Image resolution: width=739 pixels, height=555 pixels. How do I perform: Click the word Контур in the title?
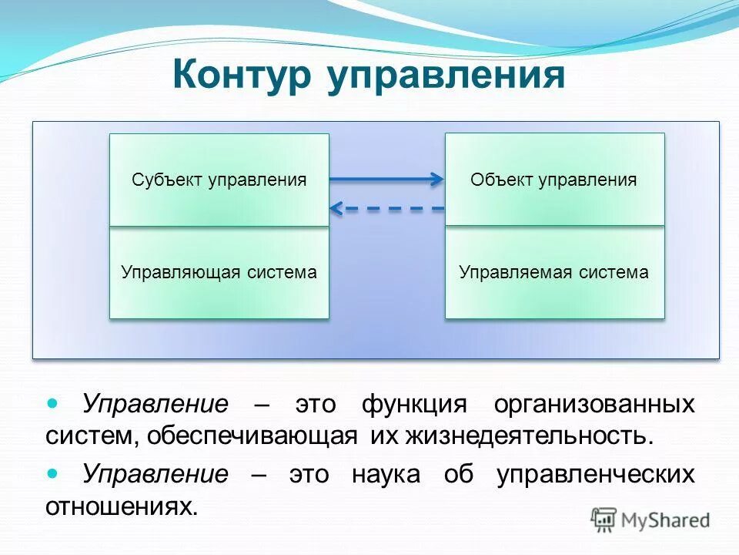click(242, 77)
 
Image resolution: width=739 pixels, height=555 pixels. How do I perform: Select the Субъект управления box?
click(219, 180)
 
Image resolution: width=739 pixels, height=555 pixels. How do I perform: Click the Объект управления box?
click(554, 180)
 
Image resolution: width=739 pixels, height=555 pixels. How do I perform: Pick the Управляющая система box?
click(219, 272)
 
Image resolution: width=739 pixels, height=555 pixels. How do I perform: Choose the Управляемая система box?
click(554, 272)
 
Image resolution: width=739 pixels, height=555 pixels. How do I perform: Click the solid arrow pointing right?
click(386, 180)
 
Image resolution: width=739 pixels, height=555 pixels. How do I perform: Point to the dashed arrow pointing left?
click(386, 208)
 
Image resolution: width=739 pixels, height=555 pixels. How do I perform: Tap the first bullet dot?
click(53, 403)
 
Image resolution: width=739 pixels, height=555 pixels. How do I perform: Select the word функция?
click(414, 405)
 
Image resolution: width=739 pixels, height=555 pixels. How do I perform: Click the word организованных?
click(594, 405)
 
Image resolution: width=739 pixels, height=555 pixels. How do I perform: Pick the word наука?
click(386, 474)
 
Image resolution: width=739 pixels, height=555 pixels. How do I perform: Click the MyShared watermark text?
click(665, 520)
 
